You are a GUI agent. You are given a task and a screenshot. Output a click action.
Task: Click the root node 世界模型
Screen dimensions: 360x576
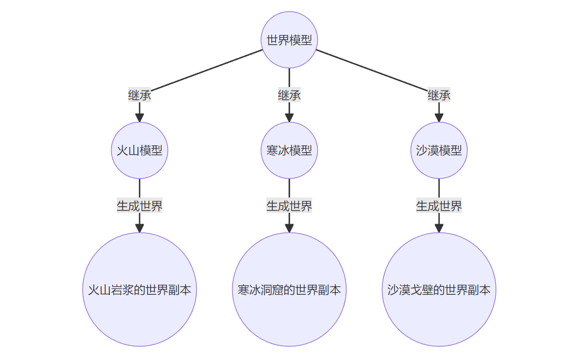pos(289,40)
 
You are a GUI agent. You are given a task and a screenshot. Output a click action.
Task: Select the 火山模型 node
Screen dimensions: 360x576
pos(139,150)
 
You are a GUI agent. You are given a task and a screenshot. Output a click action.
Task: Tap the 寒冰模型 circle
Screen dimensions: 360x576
pos(289,150)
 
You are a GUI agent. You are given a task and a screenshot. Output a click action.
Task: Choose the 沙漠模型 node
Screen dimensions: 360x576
pos(439,150)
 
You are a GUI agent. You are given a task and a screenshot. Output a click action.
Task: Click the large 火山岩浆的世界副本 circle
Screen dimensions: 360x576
pos(139,289)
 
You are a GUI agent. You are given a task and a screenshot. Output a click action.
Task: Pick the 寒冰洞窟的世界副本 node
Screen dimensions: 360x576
pos(289,289)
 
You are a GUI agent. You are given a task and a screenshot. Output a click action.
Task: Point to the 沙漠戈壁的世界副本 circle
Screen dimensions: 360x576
pos(439,289)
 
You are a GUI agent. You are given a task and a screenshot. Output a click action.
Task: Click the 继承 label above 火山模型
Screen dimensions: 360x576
pos(139,95)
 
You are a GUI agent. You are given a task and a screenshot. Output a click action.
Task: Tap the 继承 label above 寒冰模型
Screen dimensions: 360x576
pos(289,95)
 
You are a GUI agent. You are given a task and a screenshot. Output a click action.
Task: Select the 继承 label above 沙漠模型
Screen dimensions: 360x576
pos(439,95)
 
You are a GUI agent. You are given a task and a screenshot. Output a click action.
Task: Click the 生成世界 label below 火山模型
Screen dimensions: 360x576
pos(139,206)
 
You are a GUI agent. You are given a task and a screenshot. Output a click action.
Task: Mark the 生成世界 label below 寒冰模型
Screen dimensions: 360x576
pos(289,206)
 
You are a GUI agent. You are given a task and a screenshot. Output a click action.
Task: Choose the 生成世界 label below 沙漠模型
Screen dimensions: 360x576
pos(439,206)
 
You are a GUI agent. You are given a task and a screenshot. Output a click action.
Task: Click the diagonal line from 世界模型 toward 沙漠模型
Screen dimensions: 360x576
pos(371,69)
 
